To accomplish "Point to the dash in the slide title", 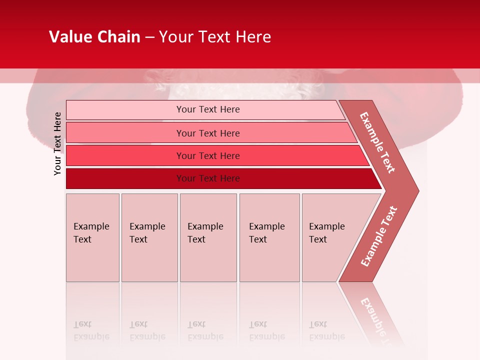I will tap(149, 37).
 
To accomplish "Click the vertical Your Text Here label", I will tap(57, 143).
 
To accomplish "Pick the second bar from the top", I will tap(207, 133).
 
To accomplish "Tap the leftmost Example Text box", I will tap(92, 237).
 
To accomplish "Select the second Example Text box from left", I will tap(149, 237).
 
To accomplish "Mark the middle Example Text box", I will tap(208, 237).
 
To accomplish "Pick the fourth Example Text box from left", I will tap(269, 237).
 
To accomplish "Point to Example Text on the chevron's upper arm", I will tap(377, 142).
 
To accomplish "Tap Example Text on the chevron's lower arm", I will tap(379, 236).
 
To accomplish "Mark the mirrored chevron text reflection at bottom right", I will tap(375, 315).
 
